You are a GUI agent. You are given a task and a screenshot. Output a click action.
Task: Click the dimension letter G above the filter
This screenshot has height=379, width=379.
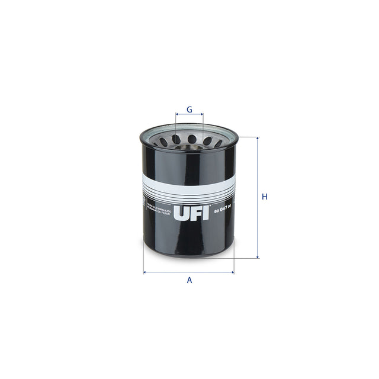pos(189,110)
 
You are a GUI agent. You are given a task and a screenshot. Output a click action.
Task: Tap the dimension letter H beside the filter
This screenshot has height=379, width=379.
pos(265,197)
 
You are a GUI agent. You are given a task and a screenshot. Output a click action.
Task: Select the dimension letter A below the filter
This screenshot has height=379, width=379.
pos(189,280)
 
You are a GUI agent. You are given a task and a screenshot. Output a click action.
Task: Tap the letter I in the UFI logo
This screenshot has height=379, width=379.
pos(206,213)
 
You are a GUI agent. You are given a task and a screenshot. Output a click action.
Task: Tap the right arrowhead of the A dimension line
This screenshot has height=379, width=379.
pos(233,272)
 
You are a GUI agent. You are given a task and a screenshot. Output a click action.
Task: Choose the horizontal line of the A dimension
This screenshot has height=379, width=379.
pos(189,272)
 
